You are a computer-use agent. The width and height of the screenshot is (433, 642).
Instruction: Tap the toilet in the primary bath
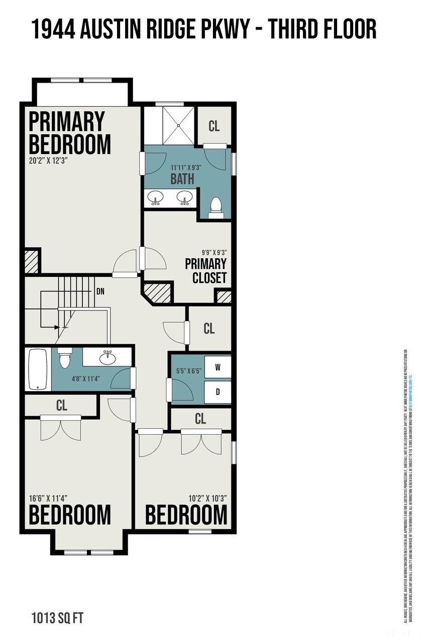point(216,207)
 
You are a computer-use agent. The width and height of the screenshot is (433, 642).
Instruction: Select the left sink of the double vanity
point(156,198)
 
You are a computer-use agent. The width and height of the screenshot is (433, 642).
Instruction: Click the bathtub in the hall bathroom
point(38,369)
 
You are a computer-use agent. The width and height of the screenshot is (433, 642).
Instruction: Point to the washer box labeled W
point(218,367)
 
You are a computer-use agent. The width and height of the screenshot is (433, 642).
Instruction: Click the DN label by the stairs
point(100,291)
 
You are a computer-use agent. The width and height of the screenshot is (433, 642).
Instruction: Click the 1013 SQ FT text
point(54,616)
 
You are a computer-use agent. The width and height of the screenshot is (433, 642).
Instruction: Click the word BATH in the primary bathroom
point(182,179)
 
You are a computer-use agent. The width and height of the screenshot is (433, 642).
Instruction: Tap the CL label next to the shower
point(214,126)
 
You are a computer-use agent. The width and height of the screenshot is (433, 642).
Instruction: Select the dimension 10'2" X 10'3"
point(208,498)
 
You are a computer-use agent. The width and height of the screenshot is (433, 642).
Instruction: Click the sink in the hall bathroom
point(106,359)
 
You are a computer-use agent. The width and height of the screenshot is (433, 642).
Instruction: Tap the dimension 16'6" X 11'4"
point(48,498)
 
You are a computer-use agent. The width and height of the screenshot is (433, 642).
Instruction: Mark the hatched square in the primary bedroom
point(31,261)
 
